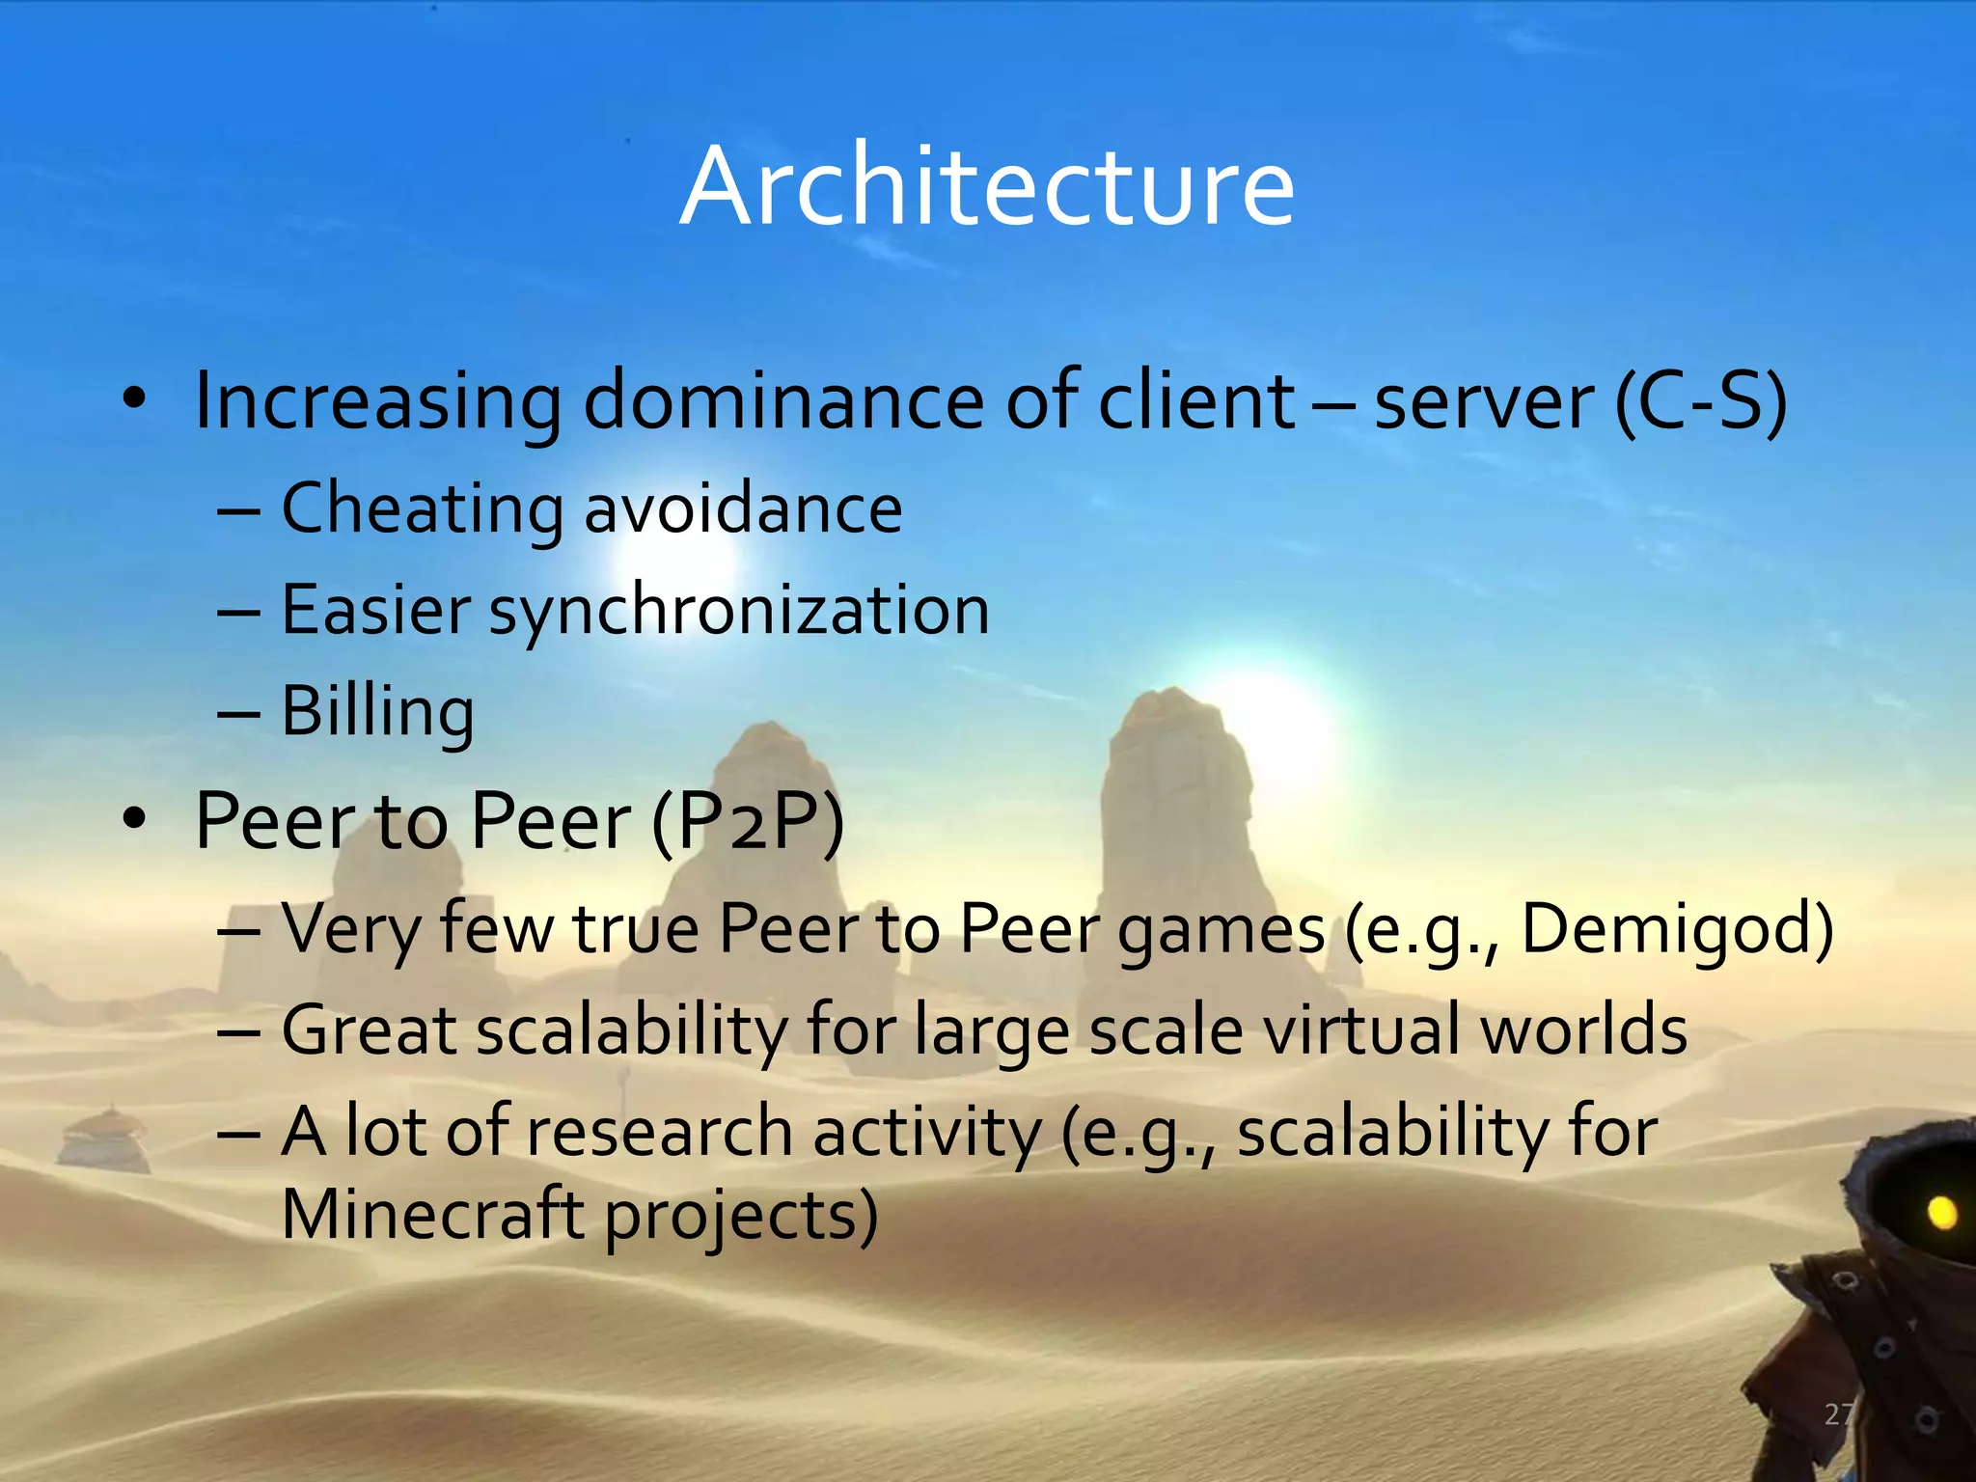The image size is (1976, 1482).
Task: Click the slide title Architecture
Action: pos(987,185)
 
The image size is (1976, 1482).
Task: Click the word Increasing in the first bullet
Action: pos(377,400)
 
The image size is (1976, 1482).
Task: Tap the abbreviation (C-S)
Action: pos(1701,400)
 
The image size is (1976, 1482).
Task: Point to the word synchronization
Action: pos(739,610)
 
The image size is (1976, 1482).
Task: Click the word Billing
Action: pos(377,711)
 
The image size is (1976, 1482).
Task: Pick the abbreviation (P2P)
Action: pos(748,821)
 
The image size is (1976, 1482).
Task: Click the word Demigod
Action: pos(1677,928)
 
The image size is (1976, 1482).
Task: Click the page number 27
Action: pos(1839,1414)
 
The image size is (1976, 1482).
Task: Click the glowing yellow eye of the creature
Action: pos(1941,1212)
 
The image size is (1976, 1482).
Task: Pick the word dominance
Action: pos(783,400)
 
